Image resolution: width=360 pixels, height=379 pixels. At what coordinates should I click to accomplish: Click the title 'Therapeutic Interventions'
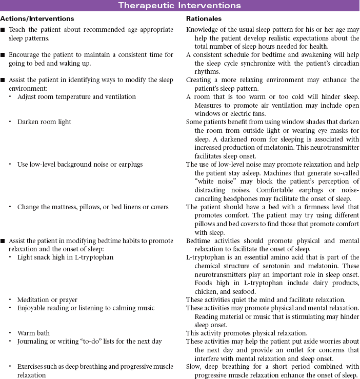tap(179, 6)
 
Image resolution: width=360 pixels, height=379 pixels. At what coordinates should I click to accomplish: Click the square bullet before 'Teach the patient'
tap(4, 30)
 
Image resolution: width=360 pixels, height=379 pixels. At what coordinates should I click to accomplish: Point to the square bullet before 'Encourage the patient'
tap(4, 55)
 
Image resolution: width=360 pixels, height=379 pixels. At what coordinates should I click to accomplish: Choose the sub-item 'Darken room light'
tap(44, 122)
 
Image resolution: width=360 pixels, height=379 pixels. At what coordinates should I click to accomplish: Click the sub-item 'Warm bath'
tap(33, 333)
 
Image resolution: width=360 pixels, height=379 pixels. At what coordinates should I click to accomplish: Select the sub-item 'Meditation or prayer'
tap(47, 300)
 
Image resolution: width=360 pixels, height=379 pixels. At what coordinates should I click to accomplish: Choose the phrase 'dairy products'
tap(337, 282)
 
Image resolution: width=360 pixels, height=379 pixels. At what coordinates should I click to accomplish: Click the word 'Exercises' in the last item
tap(32, 367)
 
